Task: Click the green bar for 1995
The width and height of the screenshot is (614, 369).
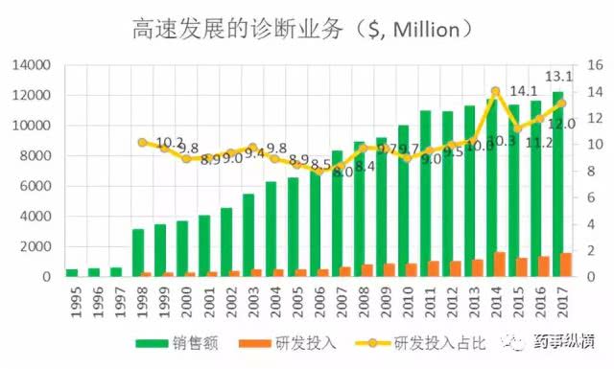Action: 72,272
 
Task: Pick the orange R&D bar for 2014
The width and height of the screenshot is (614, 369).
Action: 500,265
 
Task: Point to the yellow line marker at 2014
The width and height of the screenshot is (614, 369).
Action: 495,92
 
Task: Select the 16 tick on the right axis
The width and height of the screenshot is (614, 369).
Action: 593,65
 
